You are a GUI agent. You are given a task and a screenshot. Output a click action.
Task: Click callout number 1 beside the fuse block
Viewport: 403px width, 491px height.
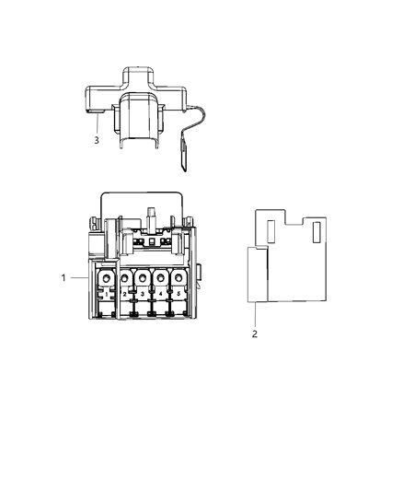[x=63, y=277]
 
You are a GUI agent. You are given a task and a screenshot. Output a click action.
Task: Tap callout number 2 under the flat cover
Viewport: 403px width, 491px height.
[x=255, y=333]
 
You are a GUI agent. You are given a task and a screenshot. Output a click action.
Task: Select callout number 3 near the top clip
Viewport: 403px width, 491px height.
[x=96, y=140]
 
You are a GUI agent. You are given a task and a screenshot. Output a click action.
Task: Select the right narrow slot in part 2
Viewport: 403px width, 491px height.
[x=317, y=231]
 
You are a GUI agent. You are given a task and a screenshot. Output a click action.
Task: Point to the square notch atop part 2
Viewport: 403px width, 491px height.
[x=294, y=216]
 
